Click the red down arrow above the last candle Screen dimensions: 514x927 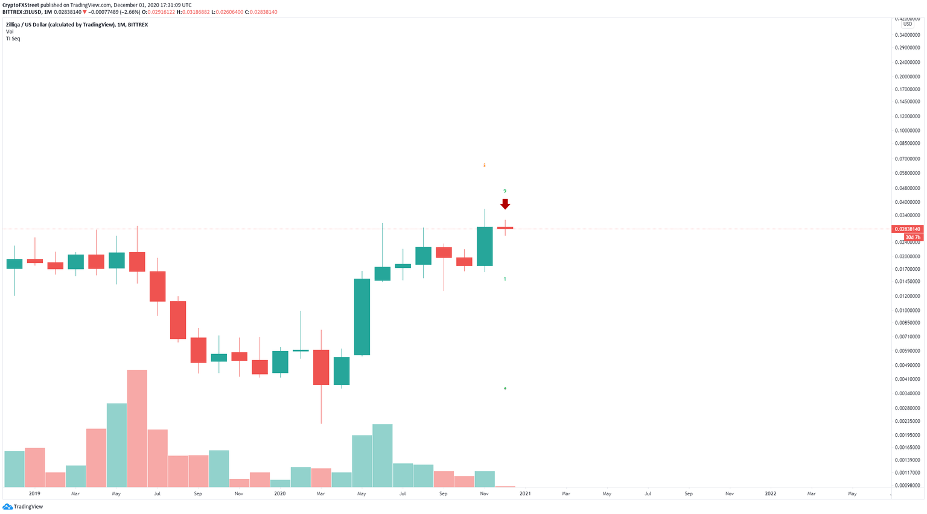coord(505,205)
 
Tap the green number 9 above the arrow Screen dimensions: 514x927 coord(505,191)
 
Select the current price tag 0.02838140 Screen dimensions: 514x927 coord(907,229)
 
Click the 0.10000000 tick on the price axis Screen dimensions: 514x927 coord(907,130)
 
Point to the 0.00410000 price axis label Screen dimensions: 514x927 coord(907,379)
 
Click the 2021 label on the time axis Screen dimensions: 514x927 coord(525,493)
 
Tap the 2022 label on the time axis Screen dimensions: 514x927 coord(771,493)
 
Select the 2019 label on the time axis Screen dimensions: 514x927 coord(34,493)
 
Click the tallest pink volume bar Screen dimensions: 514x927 coord(137,428)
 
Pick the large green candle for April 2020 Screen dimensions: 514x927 coord(362,317)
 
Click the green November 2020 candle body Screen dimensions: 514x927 coord(485,246)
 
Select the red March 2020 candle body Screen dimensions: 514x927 coord(321,367)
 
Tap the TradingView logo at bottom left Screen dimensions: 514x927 coord(24,507)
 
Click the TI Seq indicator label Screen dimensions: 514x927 coord(13,39)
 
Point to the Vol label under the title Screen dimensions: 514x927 coord(10,31)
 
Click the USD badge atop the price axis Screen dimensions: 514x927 coord(907,24)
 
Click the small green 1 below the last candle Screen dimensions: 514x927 coord(505,279)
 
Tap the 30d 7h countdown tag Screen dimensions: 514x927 coord(913,238)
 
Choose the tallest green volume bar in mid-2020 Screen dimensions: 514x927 coord(383,455)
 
